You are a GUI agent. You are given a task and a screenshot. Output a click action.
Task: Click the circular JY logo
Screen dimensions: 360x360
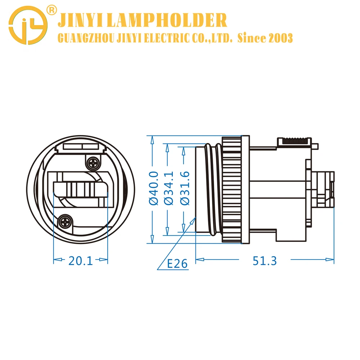[28, 26]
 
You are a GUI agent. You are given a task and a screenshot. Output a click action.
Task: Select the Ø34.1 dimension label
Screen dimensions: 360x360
[169, 188]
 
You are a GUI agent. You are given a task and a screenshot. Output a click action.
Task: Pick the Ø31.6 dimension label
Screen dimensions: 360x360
[185, 188]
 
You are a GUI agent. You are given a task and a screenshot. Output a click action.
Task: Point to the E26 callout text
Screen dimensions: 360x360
[177, 264]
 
